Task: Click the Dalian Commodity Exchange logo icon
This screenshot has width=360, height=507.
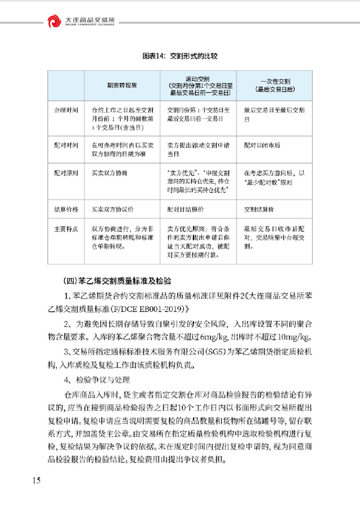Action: [54, 21]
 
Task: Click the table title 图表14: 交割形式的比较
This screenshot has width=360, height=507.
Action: [180, 57]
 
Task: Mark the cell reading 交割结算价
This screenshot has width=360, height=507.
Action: [259, 209]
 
